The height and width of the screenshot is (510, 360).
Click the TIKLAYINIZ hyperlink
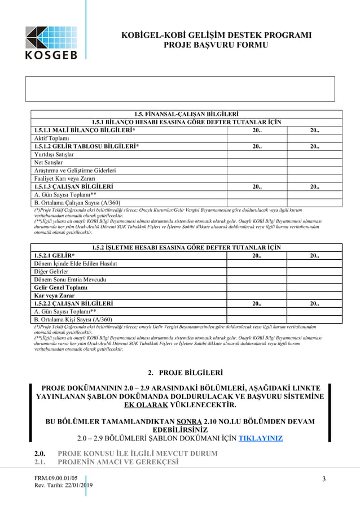click(261, 438)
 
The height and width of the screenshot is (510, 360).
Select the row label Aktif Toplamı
click(51, 138)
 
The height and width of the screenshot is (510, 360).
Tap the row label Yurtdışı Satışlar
click(54, 154)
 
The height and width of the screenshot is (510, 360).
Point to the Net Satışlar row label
click(49, 162)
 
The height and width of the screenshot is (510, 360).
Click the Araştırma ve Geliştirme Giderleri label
click(75, 170)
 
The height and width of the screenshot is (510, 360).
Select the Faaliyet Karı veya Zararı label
click(67, 178)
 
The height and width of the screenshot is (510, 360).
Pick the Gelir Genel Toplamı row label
click(61, 287)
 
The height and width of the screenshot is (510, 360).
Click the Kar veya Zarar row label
click(54, 295)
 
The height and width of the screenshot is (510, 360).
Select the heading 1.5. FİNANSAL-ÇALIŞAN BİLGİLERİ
click(179, 114)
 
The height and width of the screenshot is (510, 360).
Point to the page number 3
click(324, 480)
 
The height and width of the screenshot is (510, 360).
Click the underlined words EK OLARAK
click(146, 405)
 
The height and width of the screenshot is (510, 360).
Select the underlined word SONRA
click(186, 421)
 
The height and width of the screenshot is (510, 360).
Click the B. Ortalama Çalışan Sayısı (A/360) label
click(77, 202)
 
